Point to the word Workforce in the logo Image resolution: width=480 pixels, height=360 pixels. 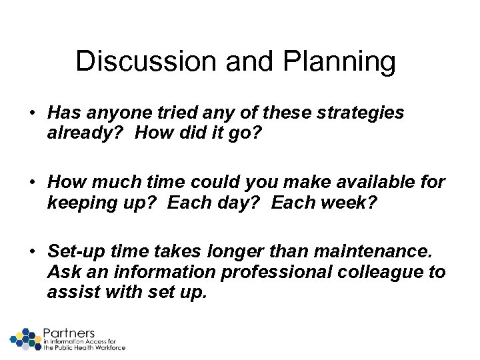[x=108, y=347]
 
